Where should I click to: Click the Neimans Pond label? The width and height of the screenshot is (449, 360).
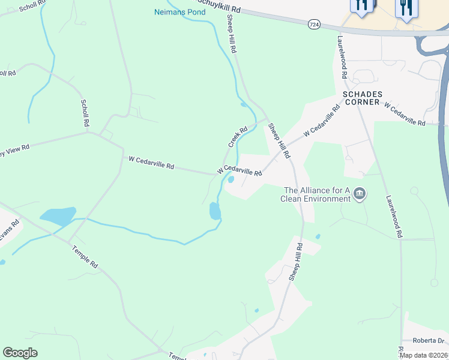[x=180, y=12]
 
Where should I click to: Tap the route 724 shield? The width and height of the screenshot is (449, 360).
[x=313, y=24]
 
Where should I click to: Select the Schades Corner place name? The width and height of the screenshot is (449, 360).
[x=361, y=98]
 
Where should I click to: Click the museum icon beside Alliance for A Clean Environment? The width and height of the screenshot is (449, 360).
[x=360, y=193]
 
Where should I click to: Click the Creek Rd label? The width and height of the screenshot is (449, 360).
[x=238, y=137]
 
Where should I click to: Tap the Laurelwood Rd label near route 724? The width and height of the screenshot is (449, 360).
[x=342, y=57]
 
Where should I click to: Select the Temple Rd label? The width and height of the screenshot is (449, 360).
[x=84, y=256]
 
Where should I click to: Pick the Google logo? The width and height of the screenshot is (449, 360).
[x=20, y=353]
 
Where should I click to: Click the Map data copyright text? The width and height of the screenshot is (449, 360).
[x=423, y=355]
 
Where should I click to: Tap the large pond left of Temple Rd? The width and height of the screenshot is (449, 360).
[x=58, y=216]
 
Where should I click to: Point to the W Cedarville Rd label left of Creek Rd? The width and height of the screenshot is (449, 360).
[x=151, y=162]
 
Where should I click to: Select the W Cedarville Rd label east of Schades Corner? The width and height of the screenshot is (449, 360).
[x=404, y=113]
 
